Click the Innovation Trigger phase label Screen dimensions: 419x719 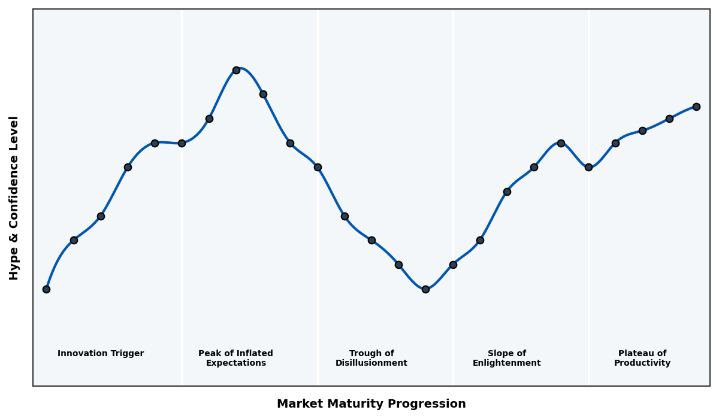(101, 354)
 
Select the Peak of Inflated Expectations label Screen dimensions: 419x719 (235, 358)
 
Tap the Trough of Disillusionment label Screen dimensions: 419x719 (371, 358)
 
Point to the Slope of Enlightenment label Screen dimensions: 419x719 (506, 358)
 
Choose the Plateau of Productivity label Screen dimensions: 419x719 (642, 358)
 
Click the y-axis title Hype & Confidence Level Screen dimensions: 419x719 (14, 198)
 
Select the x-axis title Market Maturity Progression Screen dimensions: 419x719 (371, 404)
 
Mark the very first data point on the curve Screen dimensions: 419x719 (46, 289)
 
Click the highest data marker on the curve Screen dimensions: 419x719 (236, 70)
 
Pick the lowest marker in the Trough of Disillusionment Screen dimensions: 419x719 (425, 289)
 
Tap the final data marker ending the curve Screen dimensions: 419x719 (696, 107)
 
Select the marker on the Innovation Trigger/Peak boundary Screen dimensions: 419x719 (182, 143)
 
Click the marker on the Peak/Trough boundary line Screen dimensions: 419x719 (318, 167)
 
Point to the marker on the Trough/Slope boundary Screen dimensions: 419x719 (453, 265)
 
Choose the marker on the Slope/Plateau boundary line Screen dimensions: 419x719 (588, 167)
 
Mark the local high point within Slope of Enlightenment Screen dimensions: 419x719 (561, 143)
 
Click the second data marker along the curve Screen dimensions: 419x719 (74, 240)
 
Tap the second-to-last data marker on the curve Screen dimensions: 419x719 (669, 119)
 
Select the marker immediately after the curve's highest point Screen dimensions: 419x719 (263, 94)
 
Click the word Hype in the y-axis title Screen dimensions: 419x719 (14, 267)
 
